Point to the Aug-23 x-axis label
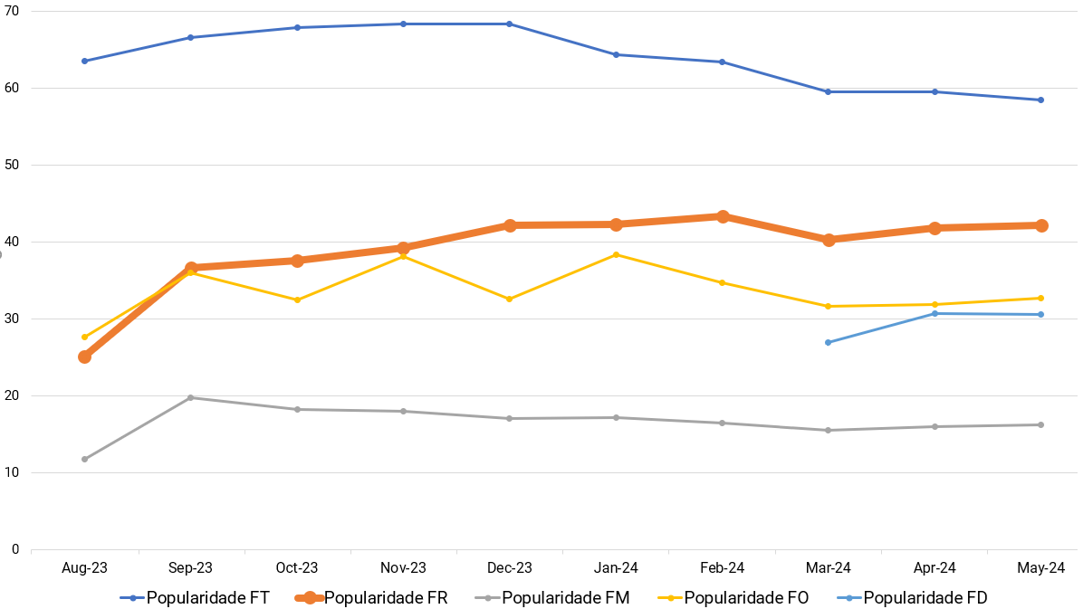(84, 568)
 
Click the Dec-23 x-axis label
(510, 568)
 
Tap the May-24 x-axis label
(1041, 568)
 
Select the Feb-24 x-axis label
(723, 568)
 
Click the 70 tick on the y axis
(12, 11)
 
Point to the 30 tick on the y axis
(12, 319)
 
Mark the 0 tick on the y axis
(15, 549)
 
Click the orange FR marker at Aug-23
(84, 357)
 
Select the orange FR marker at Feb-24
(723, 216)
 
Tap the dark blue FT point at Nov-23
(403, 24)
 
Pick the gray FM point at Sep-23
(190, 397)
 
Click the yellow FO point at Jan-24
(616, 254)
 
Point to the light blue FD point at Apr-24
(934, 313)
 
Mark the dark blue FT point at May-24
(1041, 100)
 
